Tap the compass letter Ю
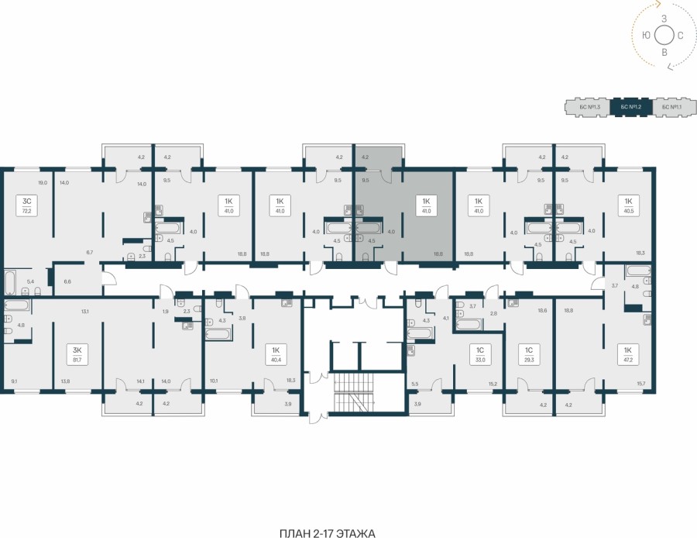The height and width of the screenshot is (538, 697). tap(646, 35)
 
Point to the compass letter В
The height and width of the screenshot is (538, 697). tap(664, 52)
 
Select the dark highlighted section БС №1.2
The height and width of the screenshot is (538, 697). tap(632, 107)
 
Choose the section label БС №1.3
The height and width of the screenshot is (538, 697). tap(588, 107)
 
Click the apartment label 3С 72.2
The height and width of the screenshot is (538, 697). tap(26, 205)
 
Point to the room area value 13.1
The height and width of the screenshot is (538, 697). tap(84, 312)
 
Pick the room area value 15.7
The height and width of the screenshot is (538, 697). tap(641, 381)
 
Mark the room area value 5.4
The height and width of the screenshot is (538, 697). tap(31, 282)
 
